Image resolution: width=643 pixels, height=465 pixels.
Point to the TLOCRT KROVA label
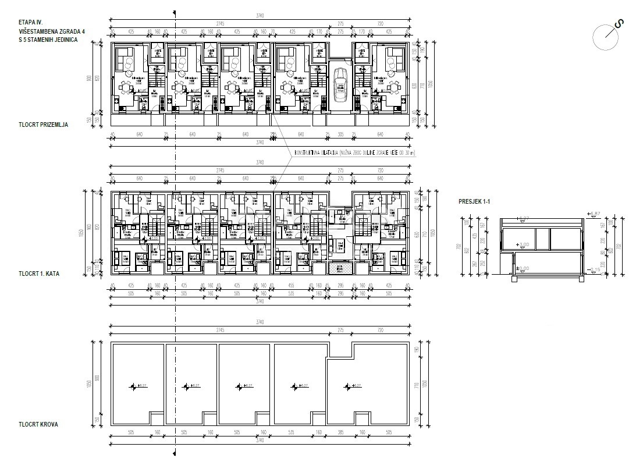pyautogui.click(x=38, y=424)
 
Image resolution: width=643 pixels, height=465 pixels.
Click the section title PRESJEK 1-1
pyautogui.click(x=474, y=202)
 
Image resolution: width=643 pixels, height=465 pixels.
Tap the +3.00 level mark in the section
pyautogui.click(x=523, y=244)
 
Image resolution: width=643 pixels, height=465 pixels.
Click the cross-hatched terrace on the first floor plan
pyautogui.click(x=338, y=268)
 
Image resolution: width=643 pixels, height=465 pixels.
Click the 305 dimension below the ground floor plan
pyautogui.click(x=341, y=135)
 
